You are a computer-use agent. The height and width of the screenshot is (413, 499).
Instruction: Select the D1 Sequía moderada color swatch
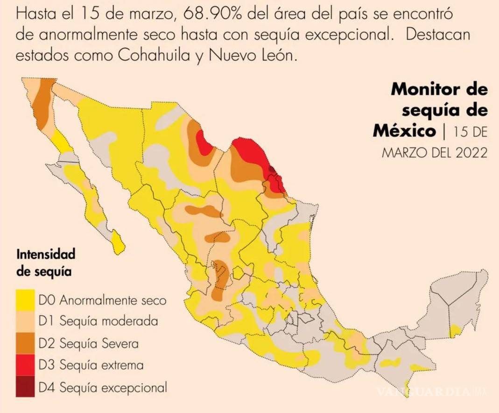pos(25,321)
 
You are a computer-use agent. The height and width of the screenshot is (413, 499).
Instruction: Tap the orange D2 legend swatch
pos(25,343)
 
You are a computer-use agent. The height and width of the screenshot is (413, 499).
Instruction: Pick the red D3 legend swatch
pos(25,365)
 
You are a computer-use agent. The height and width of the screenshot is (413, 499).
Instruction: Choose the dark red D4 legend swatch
pos(25,387)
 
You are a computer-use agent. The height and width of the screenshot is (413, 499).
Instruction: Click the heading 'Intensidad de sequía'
pos(46,263)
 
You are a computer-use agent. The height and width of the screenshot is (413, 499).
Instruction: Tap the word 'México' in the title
pos(403,131)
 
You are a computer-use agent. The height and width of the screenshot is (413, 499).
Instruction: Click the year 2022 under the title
pos(471,152)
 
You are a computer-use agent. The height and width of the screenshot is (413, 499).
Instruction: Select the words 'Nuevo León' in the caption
pos(253,56)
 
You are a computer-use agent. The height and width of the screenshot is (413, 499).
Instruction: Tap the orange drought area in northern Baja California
pos(42,103)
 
